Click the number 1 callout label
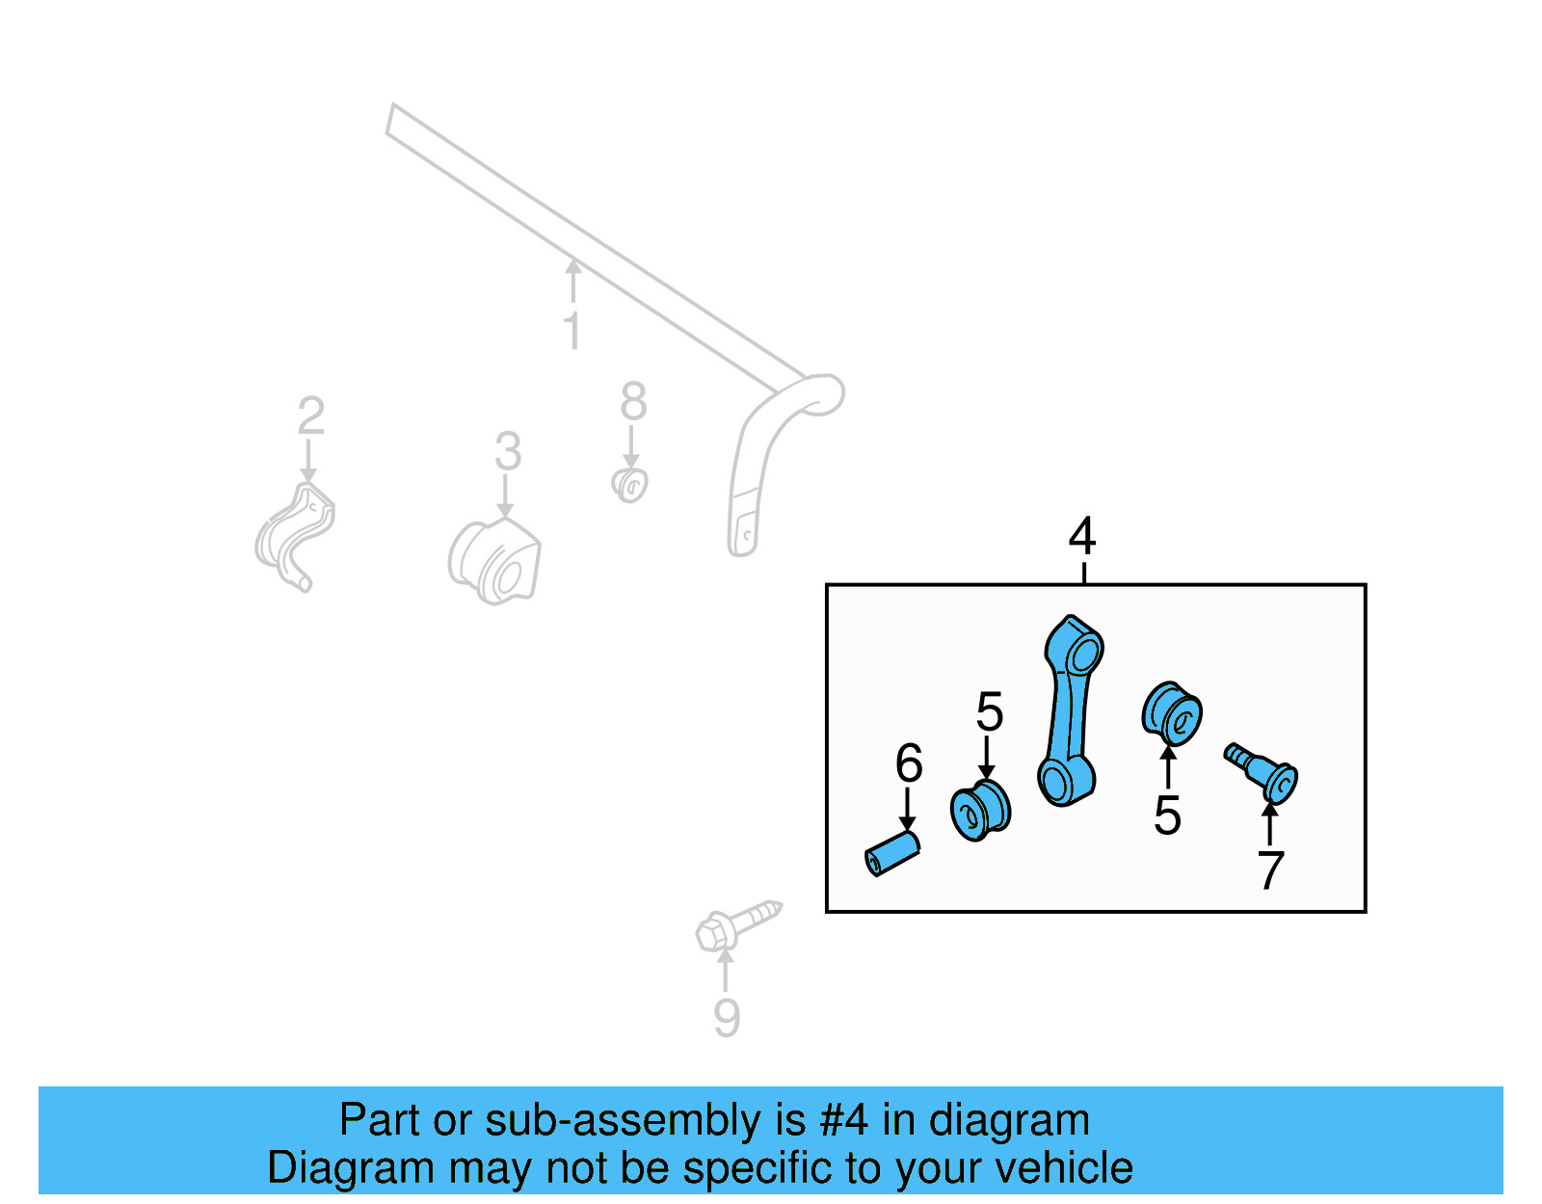pos(572,331)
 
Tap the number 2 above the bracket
pos(311,415)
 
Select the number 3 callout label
pos(508,450)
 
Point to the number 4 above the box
pos(1082,537)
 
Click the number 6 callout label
pos(909,763)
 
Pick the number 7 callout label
pos(1270,870)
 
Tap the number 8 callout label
pos(634,402)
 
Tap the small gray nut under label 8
pos(629,486)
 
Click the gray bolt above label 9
pos(738,925)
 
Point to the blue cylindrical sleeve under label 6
pos(892,854)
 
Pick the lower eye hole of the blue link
pos(1056,784)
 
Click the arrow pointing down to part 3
pos(505,496)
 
